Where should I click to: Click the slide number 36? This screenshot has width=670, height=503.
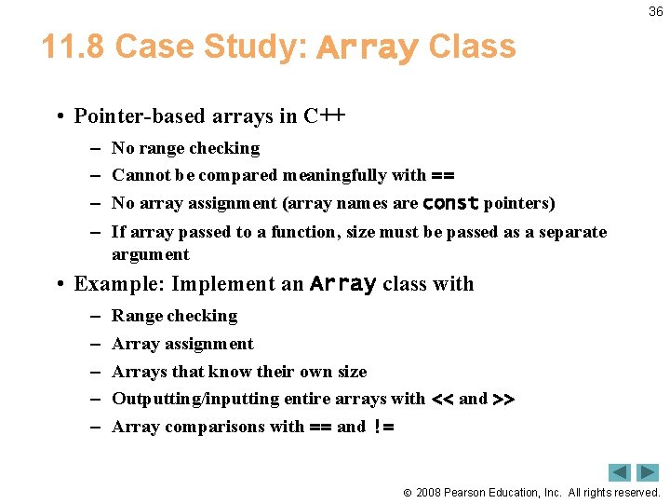click(x=656, y=11)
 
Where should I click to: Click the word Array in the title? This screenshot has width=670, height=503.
click(x=368, y=47)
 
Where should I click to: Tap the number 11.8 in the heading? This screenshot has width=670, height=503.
click(x=73, y=47)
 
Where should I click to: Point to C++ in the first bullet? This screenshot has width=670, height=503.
click(x=324, y=116)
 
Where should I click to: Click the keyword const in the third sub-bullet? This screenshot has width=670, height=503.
click(x=450, y=203)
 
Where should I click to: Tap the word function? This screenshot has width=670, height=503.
click(x=306, y=232)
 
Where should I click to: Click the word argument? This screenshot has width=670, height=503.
click(x=150, y=254)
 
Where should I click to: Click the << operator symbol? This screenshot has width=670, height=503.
click(x=442, y=400)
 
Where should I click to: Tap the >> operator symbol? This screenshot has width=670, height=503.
click(x=503, y=400)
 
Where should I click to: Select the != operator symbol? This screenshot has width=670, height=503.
click(x=383, y=428)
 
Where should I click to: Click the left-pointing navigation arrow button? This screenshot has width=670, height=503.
click(x=620, y=472)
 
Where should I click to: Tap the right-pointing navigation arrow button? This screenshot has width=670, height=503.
click(x=648, y=472)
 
